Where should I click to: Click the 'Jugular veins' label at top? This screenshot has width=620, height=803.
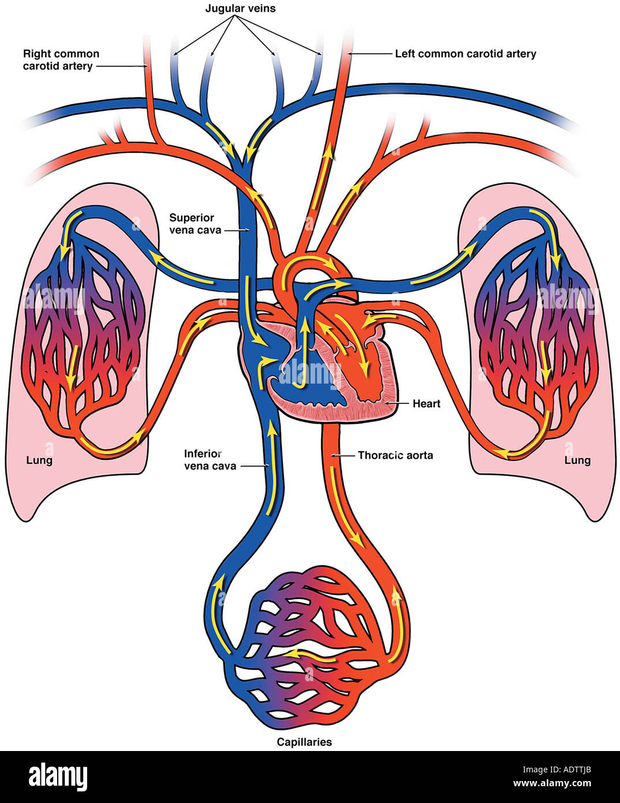pos(240,9)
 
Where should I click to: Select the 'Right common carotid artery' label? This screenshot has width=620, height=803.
pos(61,60)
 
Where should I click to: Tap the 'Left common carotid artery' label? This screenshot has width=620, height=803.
pos(465,54)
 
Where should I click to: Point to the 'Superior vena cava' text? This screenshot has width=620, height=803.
pos(195,224)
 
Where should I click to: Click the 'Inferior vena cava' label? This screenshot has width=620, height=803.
pos(210,460)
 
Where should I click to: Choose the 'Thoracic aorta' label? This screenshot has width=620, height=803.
pos(395,455)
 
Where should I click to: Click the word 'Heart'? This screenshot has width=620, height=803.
pos(426,403)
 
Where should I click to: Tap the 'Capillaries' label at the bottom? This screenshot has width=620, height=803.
pos(304,742)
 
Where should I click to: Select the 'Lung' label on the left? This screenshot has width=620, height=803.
pos(39,460)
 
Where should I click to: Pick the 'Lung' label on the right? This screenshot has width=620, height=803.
pos(577,460)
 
